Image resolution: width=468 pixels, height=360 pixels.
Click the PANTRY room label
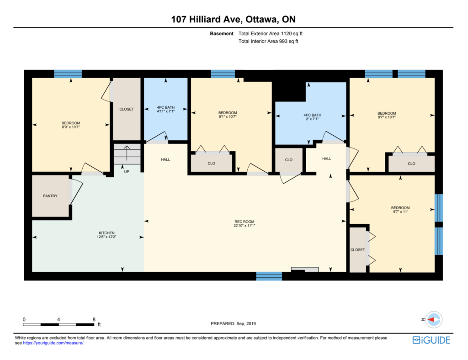coord(50,196)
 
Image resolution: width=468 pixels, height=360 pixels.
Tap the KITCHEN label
coord(106,235)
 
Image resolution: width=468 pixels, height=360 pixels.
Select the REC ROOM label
coord(244,224)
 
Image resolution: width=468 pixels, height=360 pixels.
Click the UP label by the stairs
coord(127,172)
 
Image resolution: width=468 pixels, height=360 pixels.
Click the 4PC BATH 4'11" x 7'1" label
coord(165,109)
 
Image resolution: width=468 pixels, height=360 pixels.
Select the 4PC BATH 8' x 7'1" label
coord(312,117)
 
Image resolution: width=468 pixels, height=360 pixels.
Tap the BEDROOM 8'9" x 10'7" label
coord(71,125)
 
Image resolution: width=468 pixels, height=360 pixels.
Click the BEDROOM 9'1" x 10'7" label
coord(228,115)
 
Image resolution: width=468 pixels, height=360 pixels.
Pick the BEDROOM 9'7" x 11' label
coord(400,210)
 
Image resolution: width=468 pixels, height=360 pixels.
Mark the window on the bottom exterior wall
coord(269,276)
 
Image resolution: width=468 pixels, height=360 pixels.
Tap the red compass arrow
coord(431,319)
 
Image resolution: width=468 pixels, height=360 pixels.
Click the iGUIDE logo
coord(431,340)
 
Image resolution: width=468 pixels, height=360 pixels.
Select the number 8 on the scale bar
coord(94,319)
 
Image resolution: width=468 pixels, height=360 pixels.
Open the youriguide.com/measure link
coord(53,343)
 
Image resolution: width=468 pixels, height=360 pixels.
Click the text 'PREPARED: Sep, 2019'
coord(233,323)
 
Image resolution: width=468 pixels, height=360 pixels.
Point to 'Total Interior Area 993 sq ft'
coord(268,41)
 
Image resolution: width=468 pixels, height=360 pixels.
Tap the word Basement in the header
coord(222,33)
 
